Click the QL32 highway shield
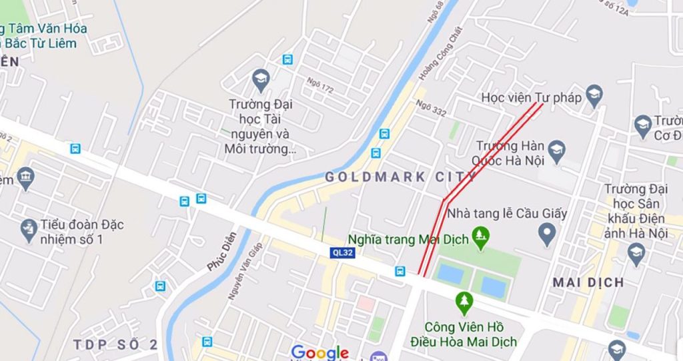pos(341,252)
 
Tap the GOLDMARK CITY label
pos(400,177)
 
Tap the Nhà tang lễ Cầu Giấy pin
pos(547,233)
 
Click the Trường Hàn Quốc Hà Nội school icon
pos(557,149)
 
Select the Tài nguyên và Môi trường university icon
pos(261,81)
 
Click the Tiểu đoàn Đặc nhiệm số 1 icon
pos(28,230)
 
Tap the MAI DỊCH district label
pos(588,282)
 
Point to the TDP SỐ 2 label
pos(116,344)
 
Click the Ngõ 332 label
pos(430,108)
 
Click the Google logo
pos(320,352)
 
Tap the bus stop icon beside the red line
pos(400,270)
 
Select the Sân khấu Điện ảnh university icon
pos(636,251)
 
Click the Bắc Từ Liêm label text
pos(44,43)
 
